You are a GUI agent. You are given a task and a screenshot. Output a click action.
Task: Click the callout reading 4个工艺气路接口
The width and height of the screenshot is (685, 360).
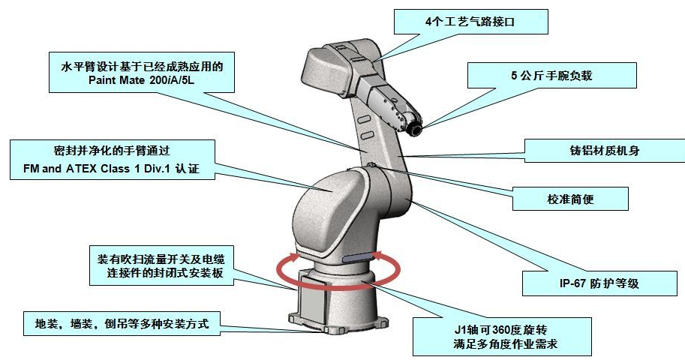tap(470, 21)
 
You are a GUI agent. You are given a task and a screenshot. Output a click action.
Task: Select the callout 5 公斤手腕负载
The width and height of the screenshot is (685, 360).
tap(552, 75)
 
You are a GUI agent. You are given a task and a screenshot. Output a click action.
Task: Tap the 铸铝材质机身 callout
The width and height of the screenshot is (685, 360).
tap(604, 150)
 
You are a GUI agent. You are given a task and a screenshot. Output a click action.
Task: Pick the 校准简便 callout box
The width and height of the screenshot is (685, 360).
tap(571, 199)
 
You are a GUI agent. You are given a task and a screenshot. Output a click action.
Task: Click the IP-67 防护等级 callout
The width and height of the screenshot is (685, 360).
tap(593, 282)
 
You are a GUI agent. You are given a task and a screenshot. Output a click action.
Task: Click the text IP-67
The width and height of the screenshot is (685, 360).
tap(560, 283)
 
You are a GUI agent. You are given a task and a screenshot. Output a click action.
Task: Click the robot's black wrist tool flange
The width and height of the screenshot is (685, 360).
tap(413, 128)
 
